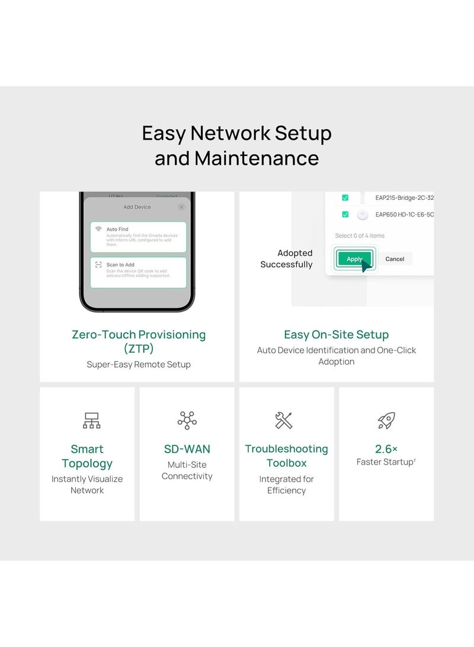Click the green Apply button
point(354,259)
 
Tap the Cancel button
point(395,259)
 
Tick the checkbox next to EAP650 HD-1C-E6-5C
point(345,215)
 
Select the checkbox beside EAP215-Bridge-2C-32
point(345,197)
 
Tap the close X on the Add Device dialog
point(181,207)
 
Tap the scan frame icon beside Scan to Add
point(98,264)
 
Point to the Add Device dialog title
point(137,207)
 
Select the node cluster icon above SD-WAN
point(187,420)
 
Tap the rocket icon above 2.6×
point(386,420)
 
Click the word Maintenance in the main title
point(257,158)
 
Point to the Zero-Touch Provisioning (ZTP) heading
point(139,341)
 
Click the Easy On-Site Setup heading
point(336,334)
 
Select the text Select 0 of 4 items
point(360,235)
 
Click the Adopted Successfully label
point(287,259)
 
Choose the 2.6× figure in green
point(386,449)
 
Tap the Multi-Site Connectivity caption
point(187,470)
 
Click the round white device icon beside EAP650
point(363,215)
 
